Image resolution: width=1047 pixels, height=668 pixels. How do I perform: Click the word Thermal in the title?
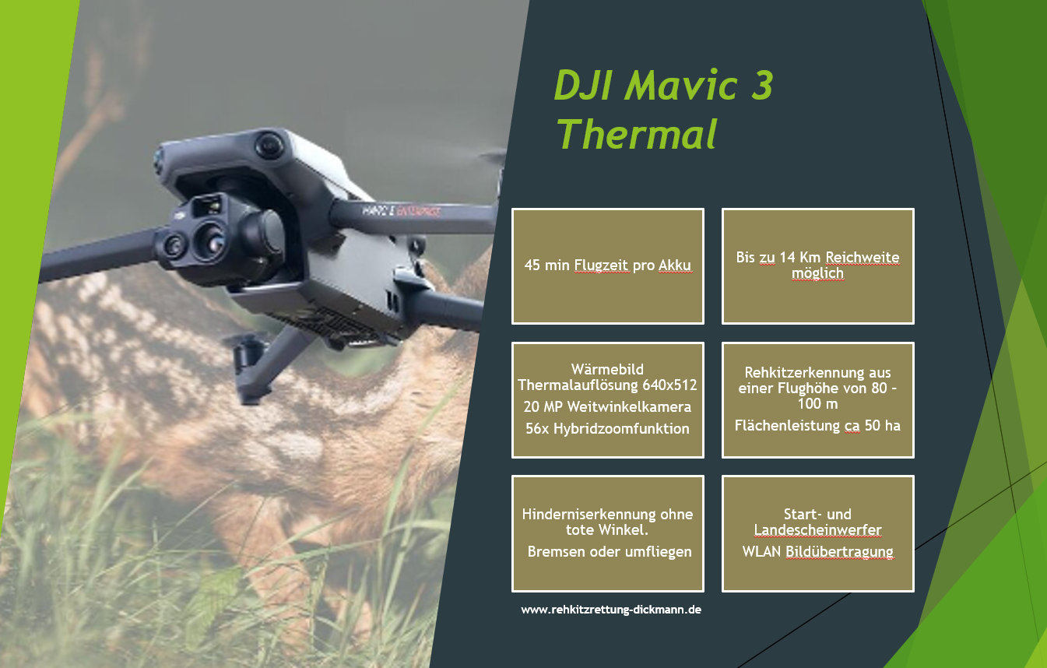coord(637,134)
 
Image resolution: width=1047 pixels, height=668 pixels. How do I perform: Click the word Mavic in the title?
coord(681,85)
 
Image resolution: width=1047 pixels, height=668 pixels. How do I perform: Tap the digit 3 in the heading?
coord(762,85)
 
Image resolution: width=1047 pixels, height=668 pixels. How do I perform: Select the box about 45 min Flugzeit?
coord(608,266)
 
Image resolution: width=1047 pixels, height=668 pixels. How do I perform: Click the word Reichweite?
coord(863,257)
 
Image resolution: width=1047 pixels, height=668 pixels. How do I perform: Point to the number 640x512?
coord(669,385)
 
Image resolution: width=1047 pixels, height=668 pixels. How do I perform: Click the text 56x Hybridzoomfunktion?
coord(608,429)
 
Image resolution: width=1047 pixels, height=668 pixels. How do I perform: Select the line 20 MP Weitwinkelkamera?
coord(608,406)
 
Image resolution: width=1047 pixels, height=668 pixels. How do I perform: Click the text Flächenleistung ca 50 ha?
coord(817,425)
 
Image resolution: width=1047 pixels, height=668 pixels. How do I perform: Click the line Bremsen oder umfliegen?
coord(610,551)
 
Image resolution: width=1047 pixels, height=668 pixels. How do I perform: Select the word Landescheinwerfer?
coord(818,530)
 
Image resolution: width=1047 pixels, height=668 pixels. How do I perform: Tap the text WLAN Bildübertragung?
coord(818,551)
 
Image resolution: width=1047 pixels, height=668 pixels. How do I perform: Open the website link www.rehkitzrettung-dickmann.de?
coord(611,610)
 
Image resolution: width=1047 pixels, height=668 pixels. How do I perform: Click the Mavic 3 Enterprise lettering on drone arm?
coord(401,211)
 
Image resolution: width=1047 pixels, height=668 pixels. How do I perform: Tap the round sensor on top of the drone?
coord(269,145)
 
